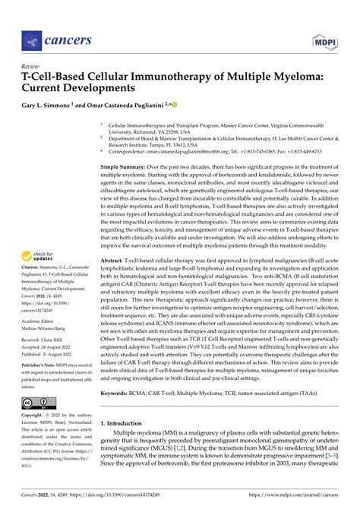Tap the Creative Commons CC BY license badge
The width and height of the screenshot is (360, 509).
[36, 402]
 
